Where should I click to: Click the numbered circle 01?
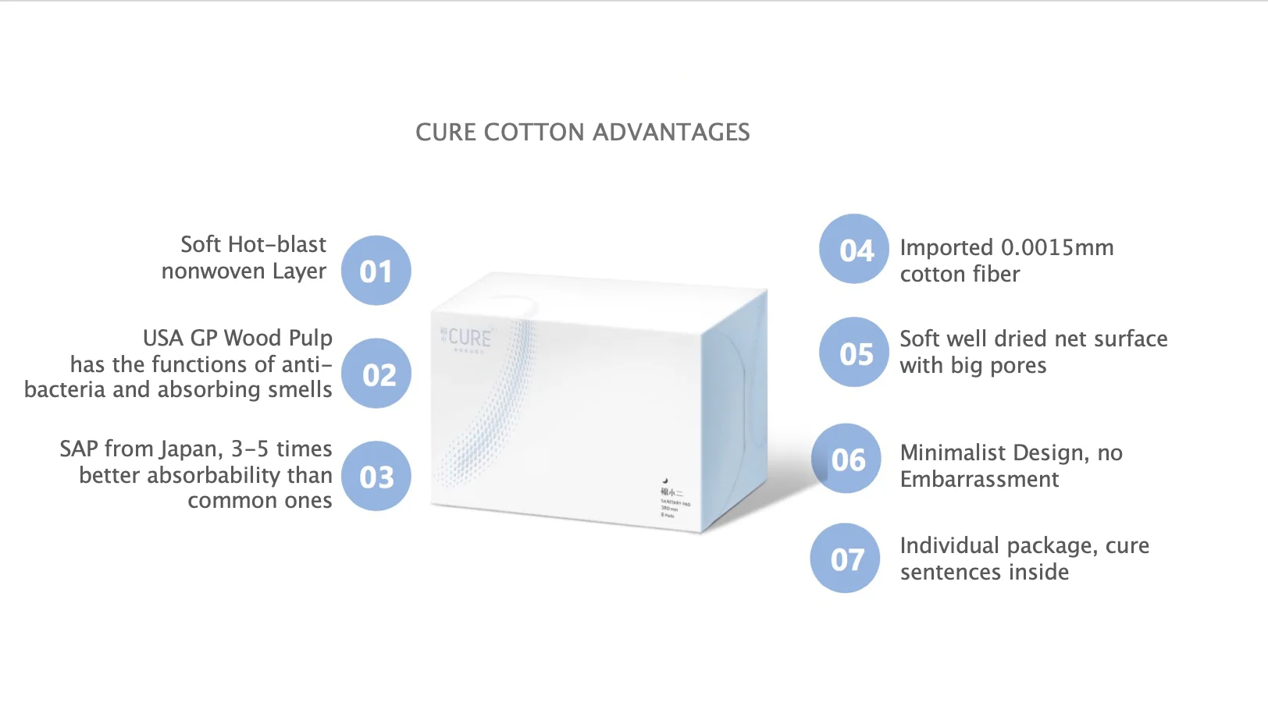376,271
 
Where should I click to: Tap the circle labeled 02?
376,374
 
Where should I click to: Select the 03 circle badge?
376,477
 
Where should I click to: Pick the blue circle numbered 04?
854,249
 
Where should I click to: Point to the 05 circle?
854,353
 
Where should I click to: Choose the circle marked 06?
846,459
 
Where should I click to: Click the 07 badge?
846,559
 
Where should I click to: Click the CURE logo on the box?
468,339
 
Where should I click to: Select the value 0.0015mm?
1057,248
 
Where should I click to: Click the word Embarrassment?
979,479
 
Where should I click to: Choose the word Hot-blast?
276,245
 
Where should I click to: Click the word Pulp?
311,339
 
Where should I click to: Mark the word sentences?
951,573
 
